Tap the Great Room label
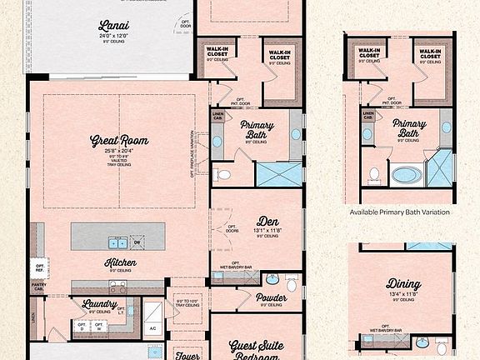(x=119, y=141)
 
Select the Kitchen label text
(x=121, y=262)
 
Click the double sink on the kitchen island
(x=117, y=243)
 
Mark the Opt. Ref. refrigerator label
(x=40, y=268)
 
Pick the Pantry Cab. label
(x=38, y=287)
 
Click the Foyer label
(x=189, y=354)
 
